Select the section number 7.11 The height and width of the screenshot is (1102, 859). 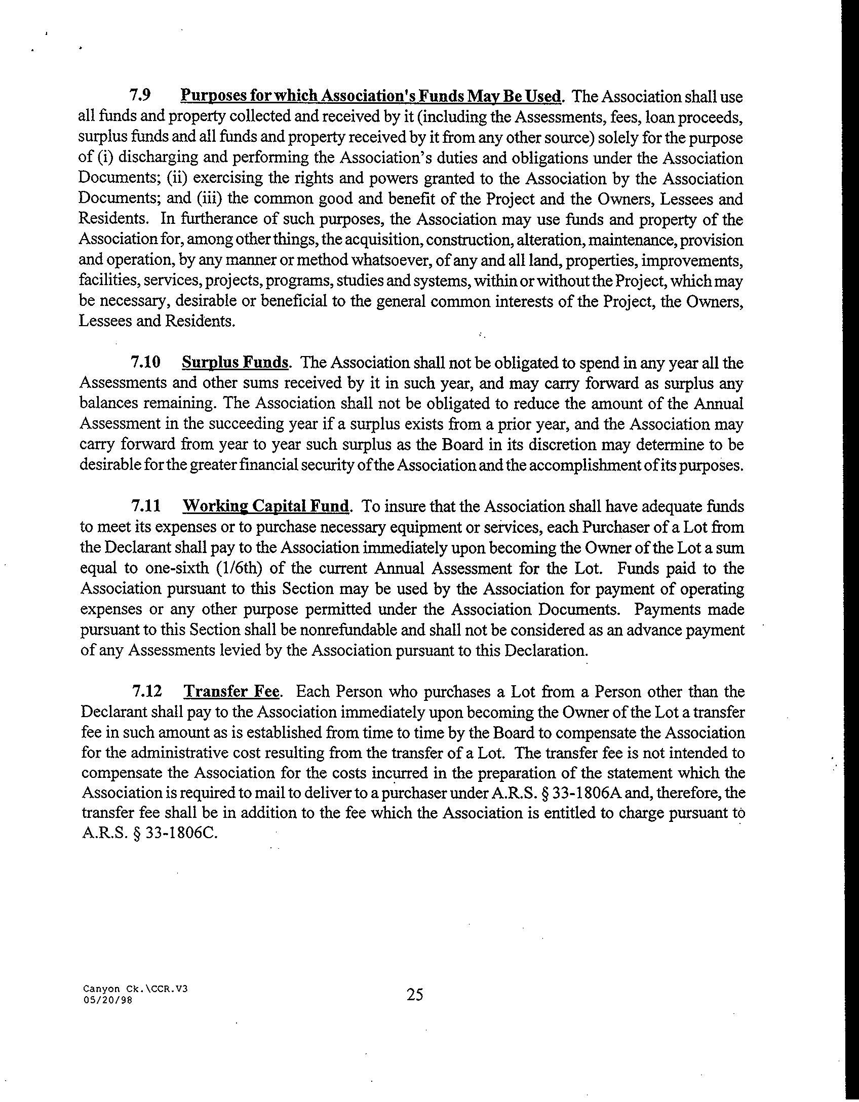pyautogui.click(x=146, y=506)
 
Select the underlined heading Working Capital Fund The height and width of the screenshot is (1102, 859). pyautogui.click(x=266, y=506)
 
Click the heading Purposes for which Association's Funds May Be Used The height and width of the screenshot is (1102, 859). pyautogui.click(x=371, y=96)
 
